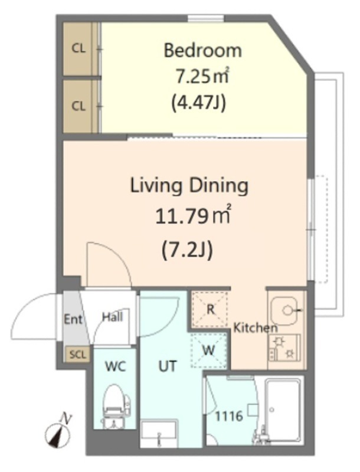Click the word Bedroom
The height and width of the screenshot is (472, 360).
point(202,51)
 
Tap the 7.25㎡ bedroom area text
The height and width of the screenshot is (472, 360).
point(202,77)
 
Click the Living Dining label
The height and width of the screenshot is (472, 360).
point(189,186)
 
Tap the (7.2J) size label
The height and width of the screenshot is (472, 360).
point(187,250)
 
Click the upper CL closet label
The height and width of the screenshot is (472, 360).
point(78,48)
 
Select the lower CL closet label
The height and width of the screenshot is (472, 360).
point(78,106)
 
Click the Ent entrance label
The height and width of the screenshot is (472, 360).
point(73,319)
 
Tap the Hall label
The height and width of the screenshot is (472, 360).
point(112,317)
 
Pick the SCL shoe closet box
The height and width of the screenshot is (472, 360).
point(78,355)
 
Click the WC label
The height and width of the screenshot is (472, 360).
point(115,366)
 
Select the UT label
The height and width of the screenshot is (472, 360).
point(167,366)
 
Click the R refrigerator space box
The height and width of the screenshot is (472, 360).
point(211,309)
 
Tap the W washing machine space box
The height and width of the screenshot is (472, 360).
point(209,350)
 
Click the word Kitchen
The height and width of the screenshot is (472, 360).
point(256,327)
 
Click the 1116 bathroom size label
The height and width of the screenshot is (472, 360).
point(229,417)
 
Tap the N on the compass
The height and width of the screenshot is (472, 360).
point(66,418)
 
